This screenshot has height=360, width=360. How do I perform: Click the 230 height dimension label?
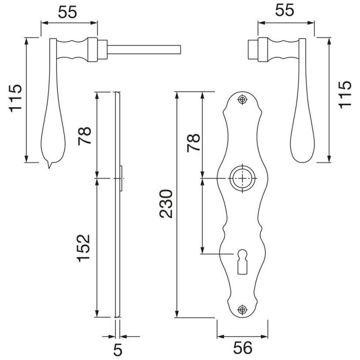pyautogui.click(x=166, y=204)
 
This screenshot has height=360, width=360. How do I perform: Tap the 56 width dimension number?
pyautogui.click(x=243, y=348)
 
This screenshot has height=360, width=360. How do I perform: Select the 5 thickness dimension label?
pyautogui.click(x=118, y=350)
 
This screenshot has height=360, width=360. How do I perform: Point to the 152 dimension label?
pyautogui.click(x=83, y=248)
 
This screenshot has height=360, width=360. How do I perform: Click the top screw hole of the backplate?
pyautogui.click(x=242, y=100)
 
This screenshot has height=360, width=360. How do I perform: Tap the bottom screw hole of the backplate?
pyautogui.click(x=242, y=309)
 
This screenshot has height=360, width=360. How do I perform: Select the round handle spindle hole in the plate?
pyautogui.click(x=242, y=178)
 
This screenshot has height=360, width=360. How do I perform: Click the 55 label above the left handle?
pyautogui.click(x=67, y=12)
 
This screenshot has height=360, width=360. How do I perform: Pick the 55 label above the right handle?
pyautogui.click(x=285, y=10)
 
